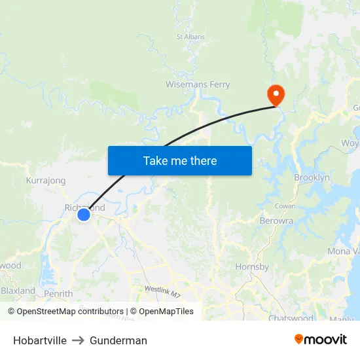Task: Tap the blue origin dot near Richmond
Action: pyautogui.click(x=83, y=215)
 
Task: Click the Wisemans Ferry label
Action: pyautogui.click(x=198, y=84)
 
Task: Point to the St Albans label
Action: pyautogui.click(x=190, y=37)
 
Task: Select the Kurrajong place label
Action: pyautogui.click(x=46, y=180)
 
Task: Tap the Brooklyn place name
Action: pyautogui.click(x=312, y=177)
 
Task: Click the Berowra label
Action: pyautogui.click(x=276, y=221)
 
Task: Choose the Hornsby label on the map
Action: pyautogui.click(x=252, y=266)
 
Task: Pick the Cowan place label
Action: pyautogui.click(x=285, y=206)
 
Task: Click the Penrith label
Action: pyautogui.click(x=58, y=294)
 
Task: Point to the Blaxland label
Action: pyautogui.click(x=18, y=290)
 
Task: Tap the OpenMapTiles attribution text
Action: pyautogui.click(x=166, y=312)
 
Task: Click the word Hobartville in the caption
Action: pyautogui.click(x=40, y=340)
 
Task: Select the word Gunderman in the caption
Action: pyautogui.click(x=118, y=340)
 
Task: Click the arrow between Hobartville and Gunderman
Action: pyautogui.click(x=79, y=340)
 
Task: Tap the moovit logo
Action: pyautogui.click(x=320, y=339)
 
